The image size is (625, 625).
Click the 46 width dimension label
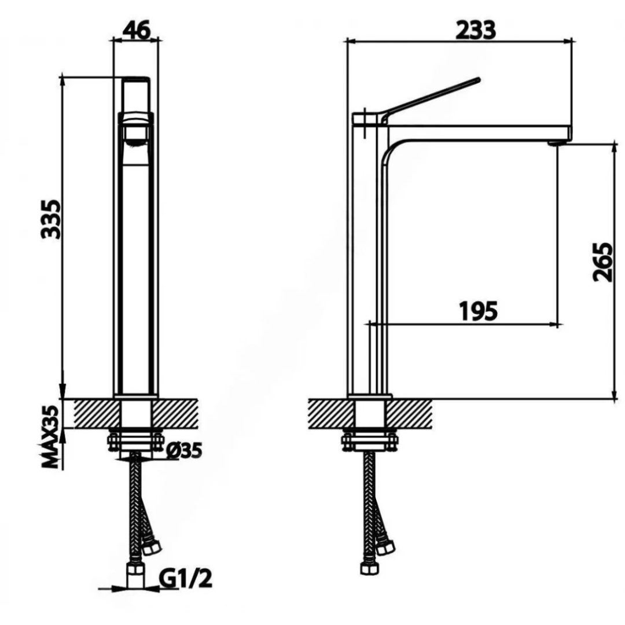click(x=137, y=30)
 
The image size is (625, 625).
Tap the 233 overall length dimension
click(x=476, y=30)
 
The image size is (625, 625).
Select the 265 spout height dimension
click(x=602, y=262)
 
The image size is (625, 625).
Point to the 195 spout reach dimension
click(x=479, y=311)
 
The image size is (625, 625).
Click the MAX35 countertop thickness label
click(x=51, y=437)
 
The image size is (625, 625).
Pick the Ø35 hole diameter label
click(x=184, y=451)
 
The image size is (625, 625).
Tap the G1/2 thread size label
click(x=185, y=579)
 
